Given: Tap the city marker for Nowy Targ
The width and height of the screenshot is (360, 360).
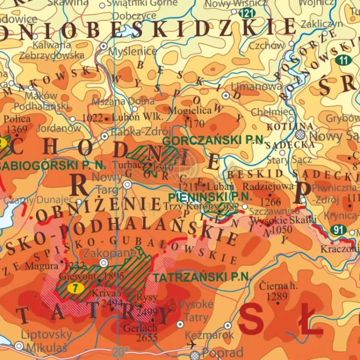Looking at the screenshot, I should pyautogui.click(x=127, y=184).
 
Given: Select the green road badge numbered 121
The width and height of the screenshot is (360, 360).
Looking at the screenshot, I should pyautogui.click(x=247, y=12).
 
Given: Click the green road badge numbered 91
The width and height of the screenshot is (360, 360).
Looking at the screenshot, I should pyautogui.click(x=339, y=229).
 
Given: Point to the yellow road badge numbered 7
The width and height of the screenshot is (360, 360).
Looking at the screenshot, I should pyautogui.click(x=73, y=288).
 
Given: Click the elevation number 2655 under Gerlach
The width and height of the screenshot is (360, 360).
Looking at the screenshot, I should pyautogui.click(x=140, y=337).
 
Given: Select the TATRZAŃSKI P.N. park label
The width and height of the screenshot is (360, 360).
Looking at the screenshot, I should pyautogui.click(x=202, y=277).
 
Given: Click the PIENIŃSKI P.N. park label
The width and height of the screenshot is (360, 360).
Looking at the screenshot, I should pyautogui.click(x=210, y=196).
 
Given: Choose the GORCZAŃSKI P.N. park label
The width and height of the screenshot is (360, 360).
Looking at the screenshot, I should pyautogui.click(x=214, y=140).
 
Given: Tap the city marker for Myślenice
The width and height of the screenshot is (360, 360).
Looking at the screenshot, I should pyautogui.click(x=104, y=47).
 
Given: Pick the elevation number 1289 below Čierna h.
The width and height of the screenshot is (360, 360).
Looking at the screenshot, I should pyautogui.click(x=276, y=297).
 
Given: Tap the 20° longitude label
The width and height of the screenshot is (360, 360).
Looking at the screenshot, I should pyautogui.click(x=120, y=352).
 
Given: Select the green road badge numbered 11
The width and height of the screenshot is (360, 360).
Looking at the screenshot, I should pyautogui.click(x=343, y=60).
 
